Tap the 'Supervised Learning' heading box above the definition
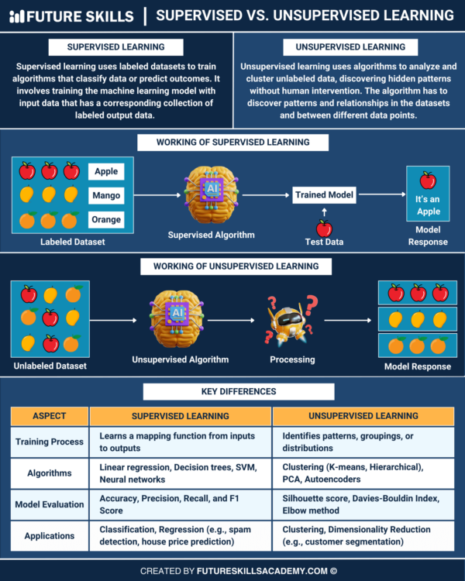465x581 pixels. click(x=115, y=47)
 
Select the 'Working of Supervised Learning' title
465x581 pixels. click(x=233, y=142)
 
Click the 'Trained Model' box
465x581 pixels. click(x=324, y=195)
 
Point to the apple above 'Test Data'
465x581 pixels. click(x=324, y=229)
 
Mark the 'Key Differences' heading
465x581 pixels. click(x=233, y=391)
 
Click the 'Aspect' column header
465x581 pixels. click(x=49, y=416)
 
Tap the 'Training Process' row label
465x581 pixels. click(x=49, y=442)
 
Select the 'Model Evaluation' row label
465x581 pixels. click(x=49, y=504)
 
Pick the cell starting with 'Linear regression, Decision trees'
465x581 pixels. click(x=181, y=473)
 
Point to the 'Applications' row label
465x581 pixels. click(x=49, y=535)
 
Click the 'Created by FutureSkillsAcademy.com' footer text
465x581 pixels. click(x=233, y=571)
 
